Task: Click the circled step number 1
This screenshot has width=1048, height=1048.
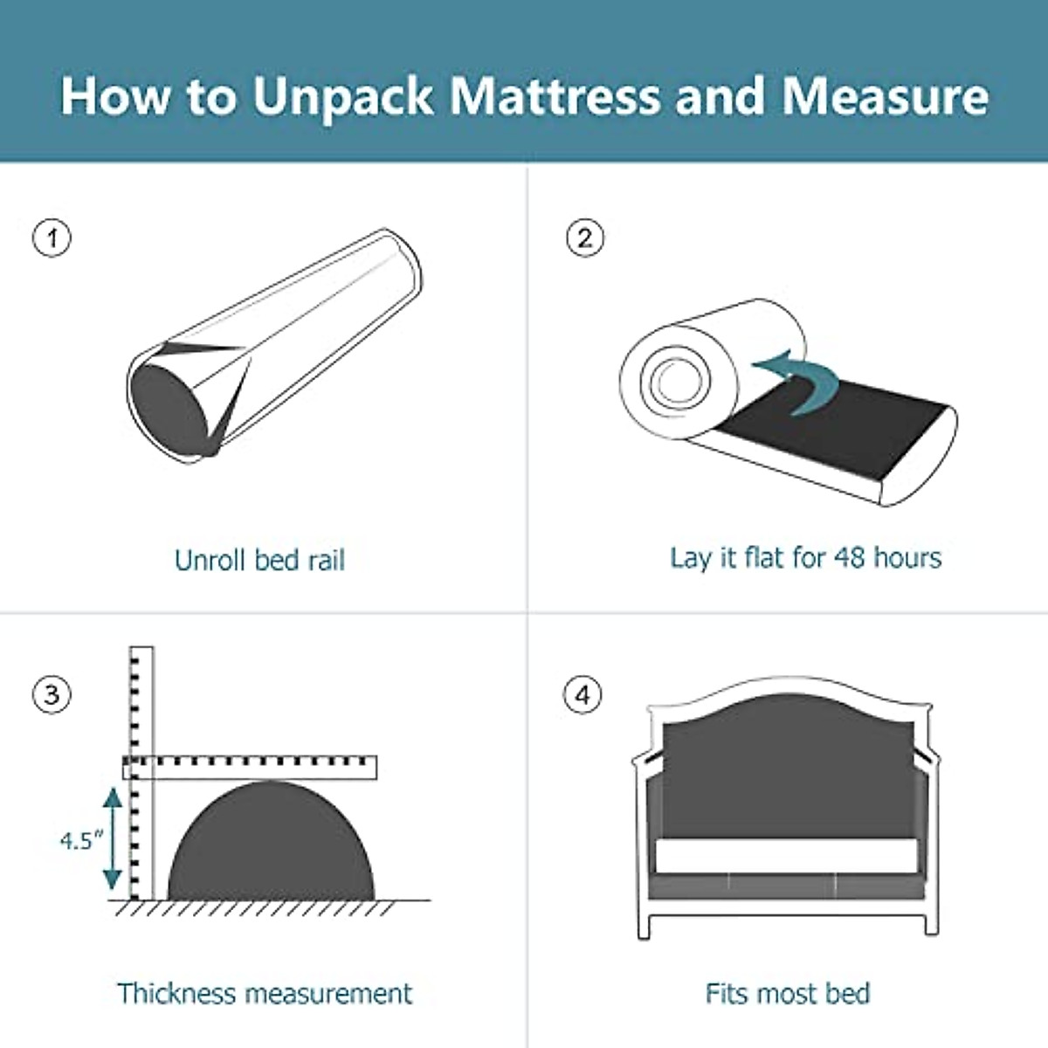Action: (52, 238)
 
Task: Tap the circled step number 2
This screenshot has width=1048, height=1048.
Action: (584, 238)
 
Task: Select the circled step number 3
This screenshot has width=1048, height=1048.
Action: (52, 695)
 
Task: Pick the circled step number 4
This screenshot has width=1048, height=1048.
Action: (583, 695)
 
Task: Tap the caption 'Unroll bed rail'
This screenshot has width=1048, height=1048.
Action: (259, 560)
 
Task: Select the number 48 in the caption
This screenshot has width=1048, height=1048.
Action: (850, 557)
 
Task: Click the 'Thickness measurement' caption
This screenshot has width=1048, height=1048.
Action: (264, 993)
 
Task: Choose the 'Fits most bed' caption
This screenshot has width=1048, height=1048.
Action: (787, 993)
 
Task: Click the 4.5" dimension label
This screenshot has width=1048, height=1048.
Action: (80, 840)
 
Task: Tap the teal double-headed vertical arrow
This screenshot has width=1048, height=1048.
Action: (112, 838)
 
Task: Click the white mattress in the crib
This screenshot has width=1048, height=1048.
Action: (785, 856)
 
